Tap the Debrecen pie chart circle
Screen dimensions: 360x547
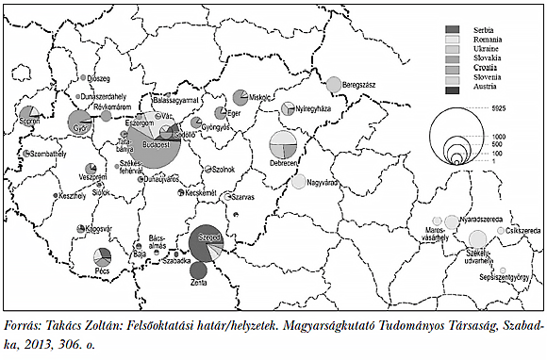[x=283, y=145]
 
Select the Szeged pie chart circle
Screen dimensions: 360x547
[x=206, y=245]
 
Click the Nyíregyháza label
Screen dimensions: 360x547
[x=314, y=109]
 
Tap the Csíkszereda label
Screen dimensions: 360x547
[x=522, y=231]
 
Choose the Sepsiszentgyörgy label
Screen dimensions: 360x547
[x=501, y=278]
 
